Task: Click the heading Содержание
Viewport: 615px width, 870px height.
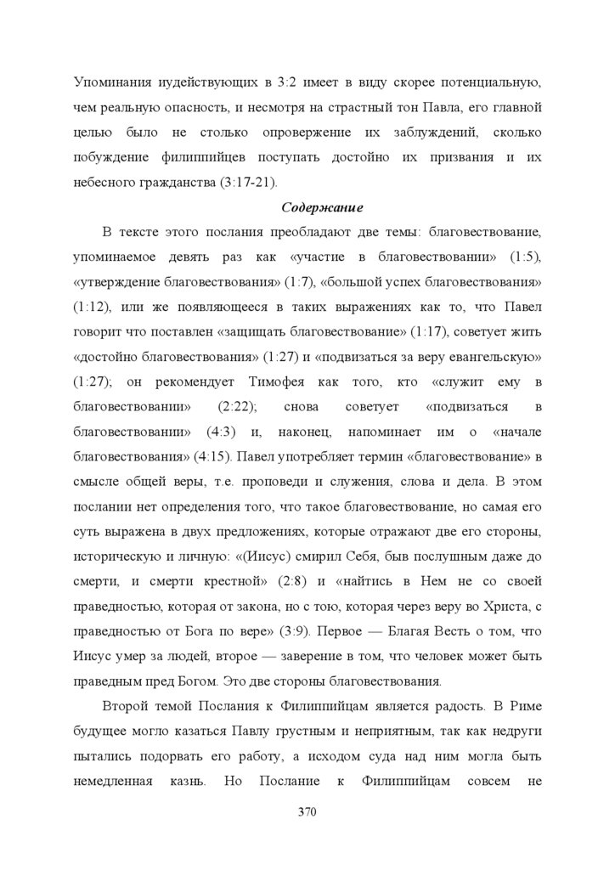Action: (310, 206)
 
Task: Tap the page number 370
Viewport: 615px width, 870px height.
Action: (307, 811)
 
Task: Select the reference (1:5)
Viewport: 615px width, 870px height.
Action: (525, 256)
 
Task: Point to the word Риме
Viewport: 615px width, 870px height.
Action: (521, 705)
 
